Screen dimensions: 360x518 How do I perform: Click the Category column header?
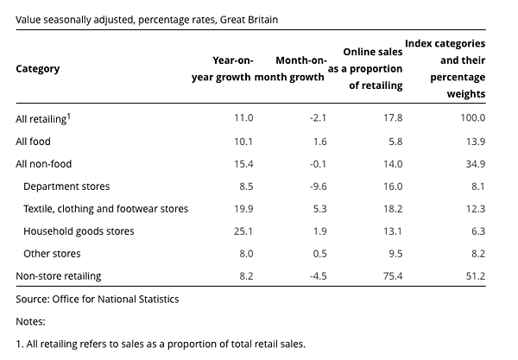pyautogui.click(x=38, y=69)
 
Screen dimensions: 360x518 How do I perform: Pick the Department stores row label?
pyautogui.click(x=66, y=186)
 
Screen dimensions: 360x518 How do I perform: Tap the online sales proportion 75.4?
pyautogui.click(x=392, y=276)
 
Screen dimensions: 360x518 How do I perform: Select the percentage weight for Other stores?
pyautogui.click(x=477, y=254)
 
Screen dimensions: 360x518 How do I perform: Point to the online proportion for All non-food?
pyautogui.click(x=392, y=163)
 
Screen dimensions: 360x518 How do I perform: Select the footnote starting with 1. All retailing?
pyautogui.click(x=161, y=344)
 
